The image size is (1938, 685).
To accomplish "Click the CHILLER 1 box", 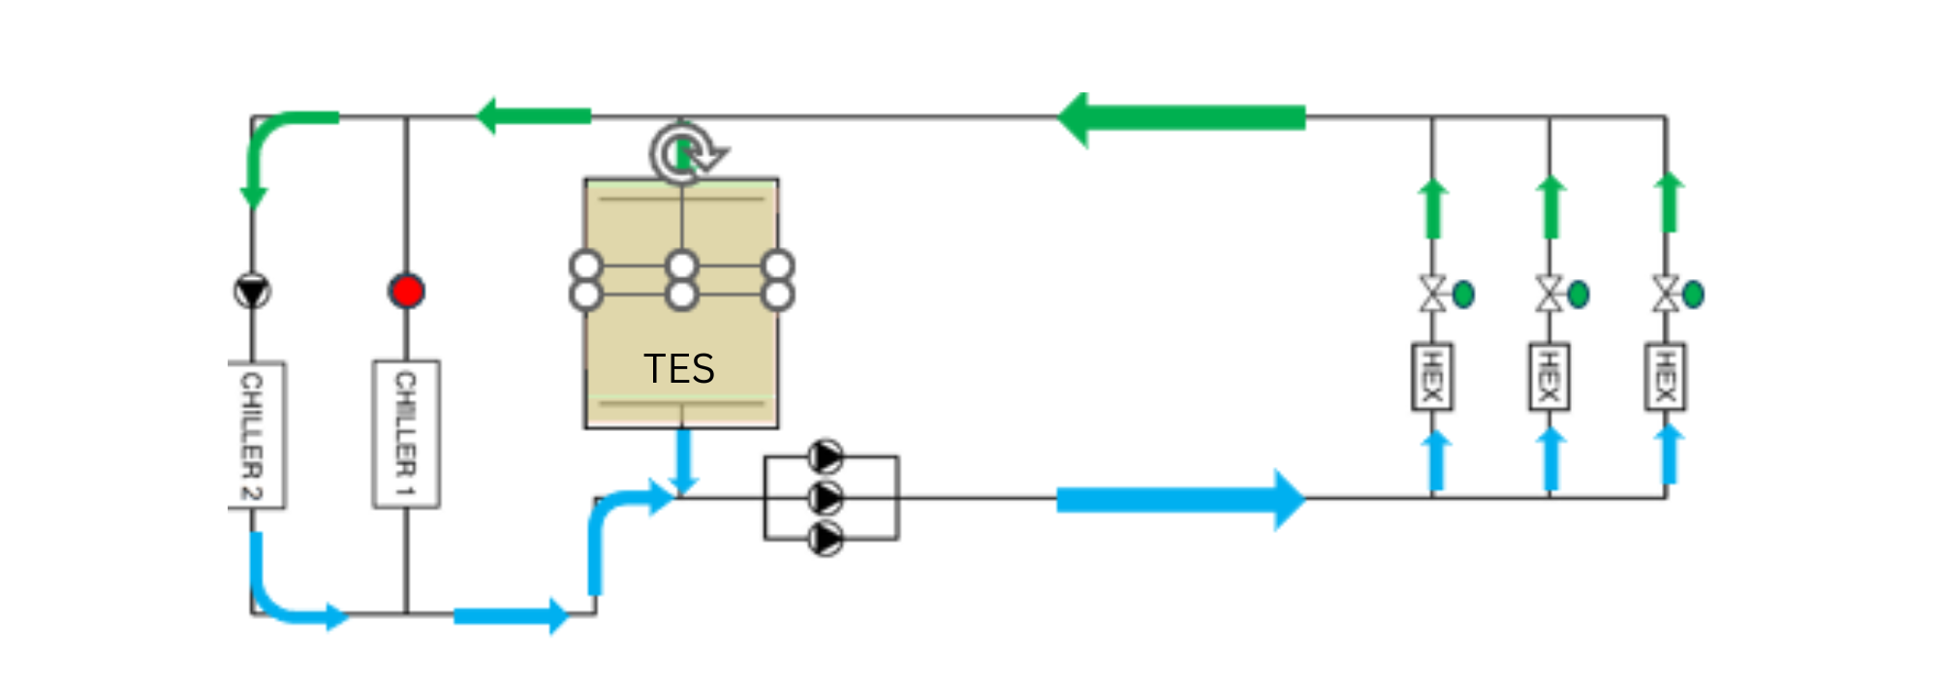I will tap(406, 433).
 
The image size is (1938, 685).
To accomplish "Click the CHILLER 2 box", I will tap(255, 434).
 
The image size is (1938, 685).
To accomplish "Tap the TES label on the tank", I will tap(679, 369).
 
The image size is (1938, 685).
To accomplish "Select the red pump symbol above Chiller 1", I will tap(406, 291).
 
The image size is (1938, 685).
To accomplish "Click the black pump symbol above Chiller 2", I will tap(252, 291).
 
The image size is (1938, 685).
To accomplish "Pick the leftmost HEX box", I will tap(1431, 377).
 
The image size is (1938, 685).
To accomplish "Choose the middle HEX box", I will tap(1548, 377).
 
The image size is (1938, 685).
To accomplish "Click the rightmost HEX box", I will tap(1666, 377).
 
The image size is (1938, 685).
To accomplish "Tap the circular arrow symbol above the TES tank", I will tap(685, 152).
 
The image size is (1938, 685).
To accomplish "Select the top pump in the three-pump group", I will tap(826, 456).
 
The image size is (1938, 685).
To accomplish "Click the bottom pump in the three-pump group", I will tap(826, 538).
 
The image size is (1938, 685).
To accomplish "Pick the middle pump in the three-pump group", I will tap(826, 498).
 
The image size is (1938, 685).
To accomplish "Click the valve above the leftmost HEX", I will tap(1432, 293).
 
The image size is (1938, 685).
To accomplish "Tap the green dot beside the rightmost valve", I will tap(1693, 294).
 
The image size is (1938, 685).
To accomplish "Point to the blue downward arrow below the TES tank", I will tap(684, 460).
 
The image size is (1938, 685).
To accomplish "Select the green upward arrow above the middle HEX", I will tap(1550, 206).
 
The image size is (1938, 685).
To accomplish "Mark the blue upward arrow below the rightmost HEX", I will tap(1668, 453).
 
